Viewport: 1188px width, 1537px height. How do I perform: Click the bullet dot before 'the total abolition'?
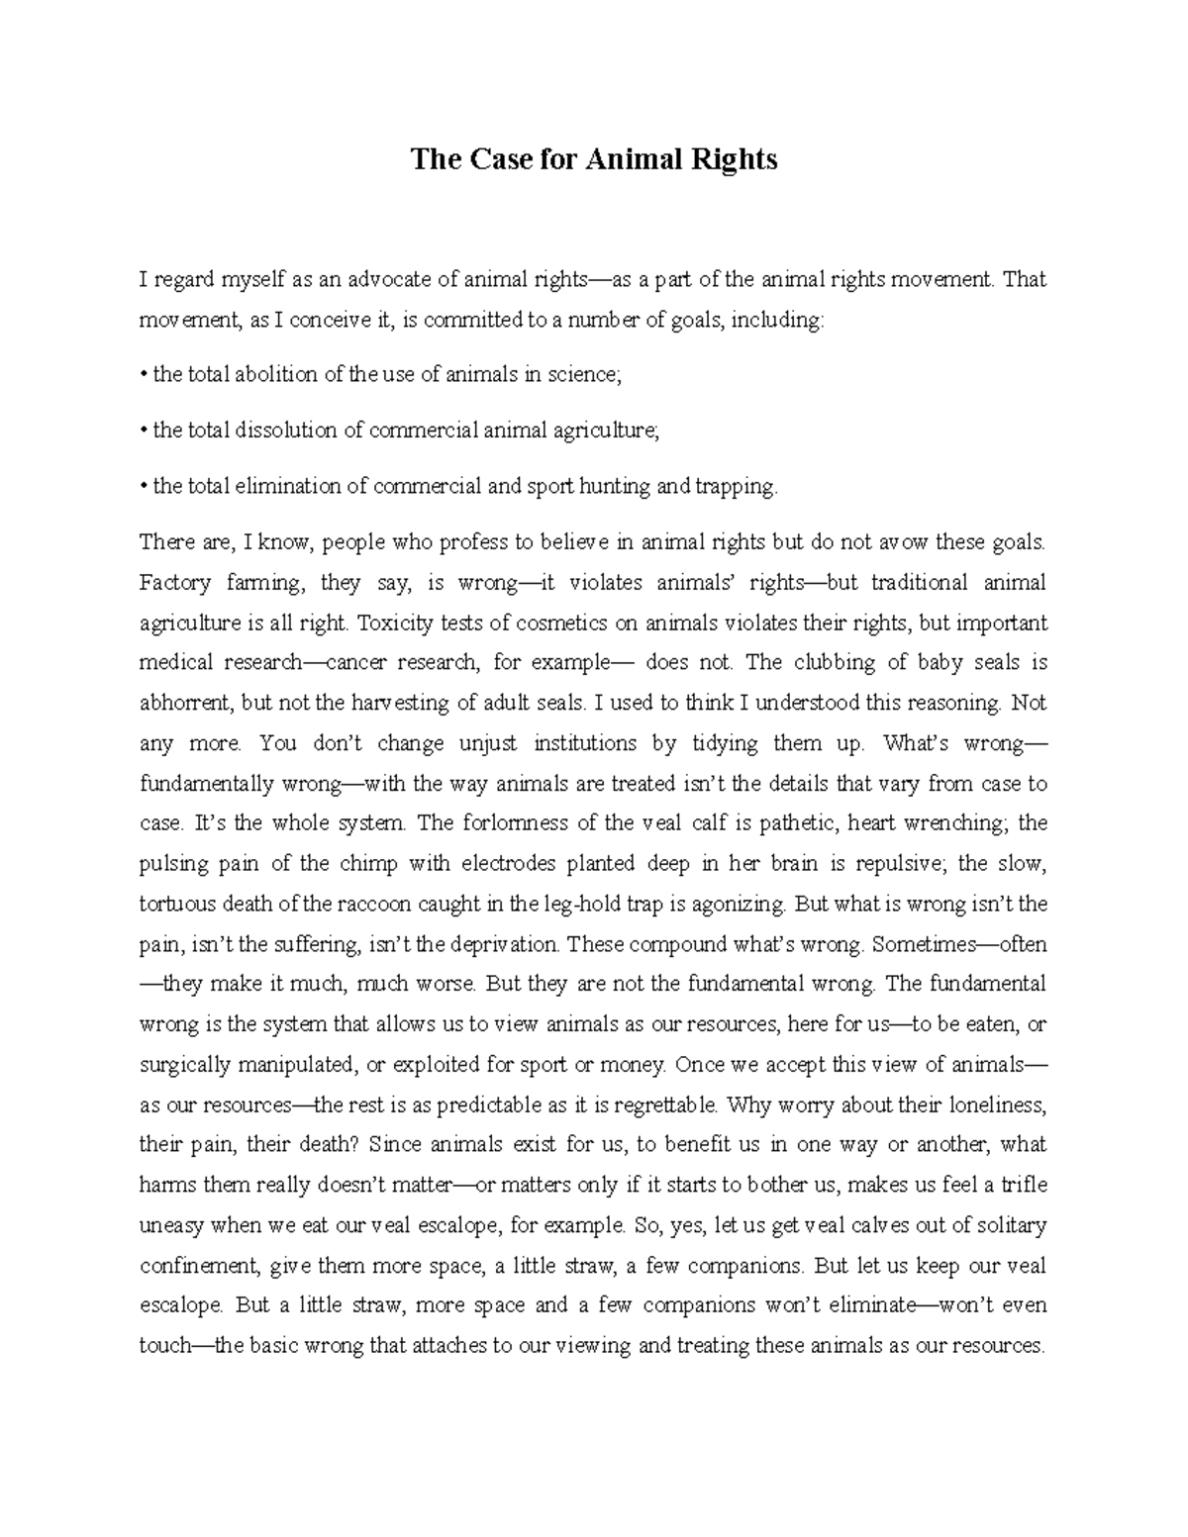pos(144,375)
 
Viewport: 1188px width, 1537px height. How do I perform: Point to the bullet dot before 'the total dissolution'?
pos(144,431)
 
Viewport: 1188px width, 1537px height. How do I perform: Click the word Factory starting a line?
pos(174,583)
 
